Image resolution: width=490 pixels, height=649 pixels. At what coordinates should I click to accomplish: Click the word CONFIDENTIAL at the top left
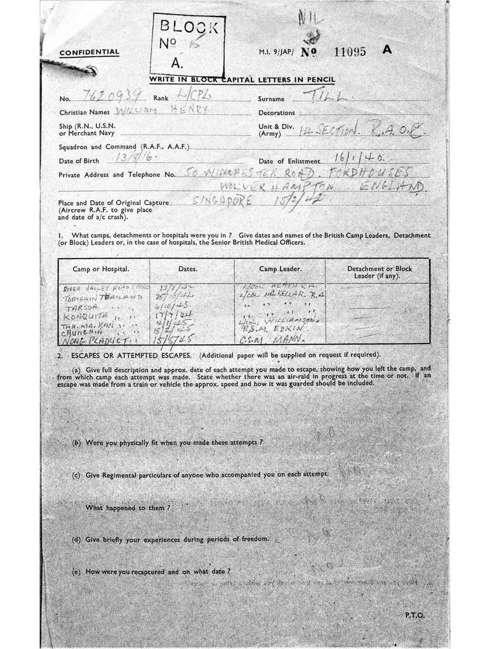tap(89, 52)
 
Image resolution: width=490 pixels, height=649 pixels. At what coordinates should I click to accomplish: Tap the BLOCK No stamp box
tap(187, 44)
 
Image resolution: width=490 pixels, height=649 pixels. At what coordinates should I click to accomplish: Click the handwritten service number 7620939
tap(106, 97)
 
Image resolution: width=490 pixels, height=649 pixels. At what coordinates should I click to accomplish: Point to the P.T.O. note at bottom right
tap(414, 615)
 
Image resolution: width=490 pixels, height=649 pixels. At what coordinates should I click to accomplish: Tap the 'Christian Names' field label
tap(85, 112)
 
